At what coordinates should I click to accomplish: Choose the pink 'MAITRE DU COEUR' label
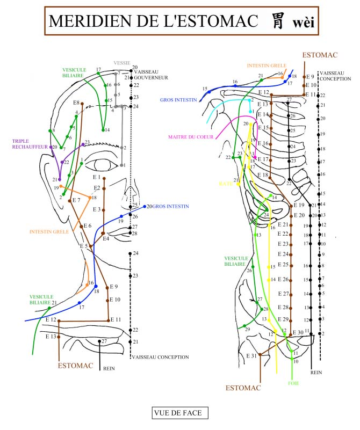point(190,137)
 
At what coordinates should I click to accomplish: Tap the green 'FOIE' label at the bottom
point(293,383)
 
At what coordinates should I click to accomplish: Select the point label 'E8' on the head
point(76,103)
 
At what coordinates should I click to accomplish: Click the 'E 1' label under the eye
point(97,177)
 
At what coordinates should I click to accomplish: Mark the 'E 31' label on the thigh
point(251,356)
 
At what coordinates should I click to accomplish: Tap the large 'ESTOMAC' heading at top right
point(319,55)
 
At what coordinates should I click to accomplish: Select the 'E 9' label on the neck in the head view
point(113,287)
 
